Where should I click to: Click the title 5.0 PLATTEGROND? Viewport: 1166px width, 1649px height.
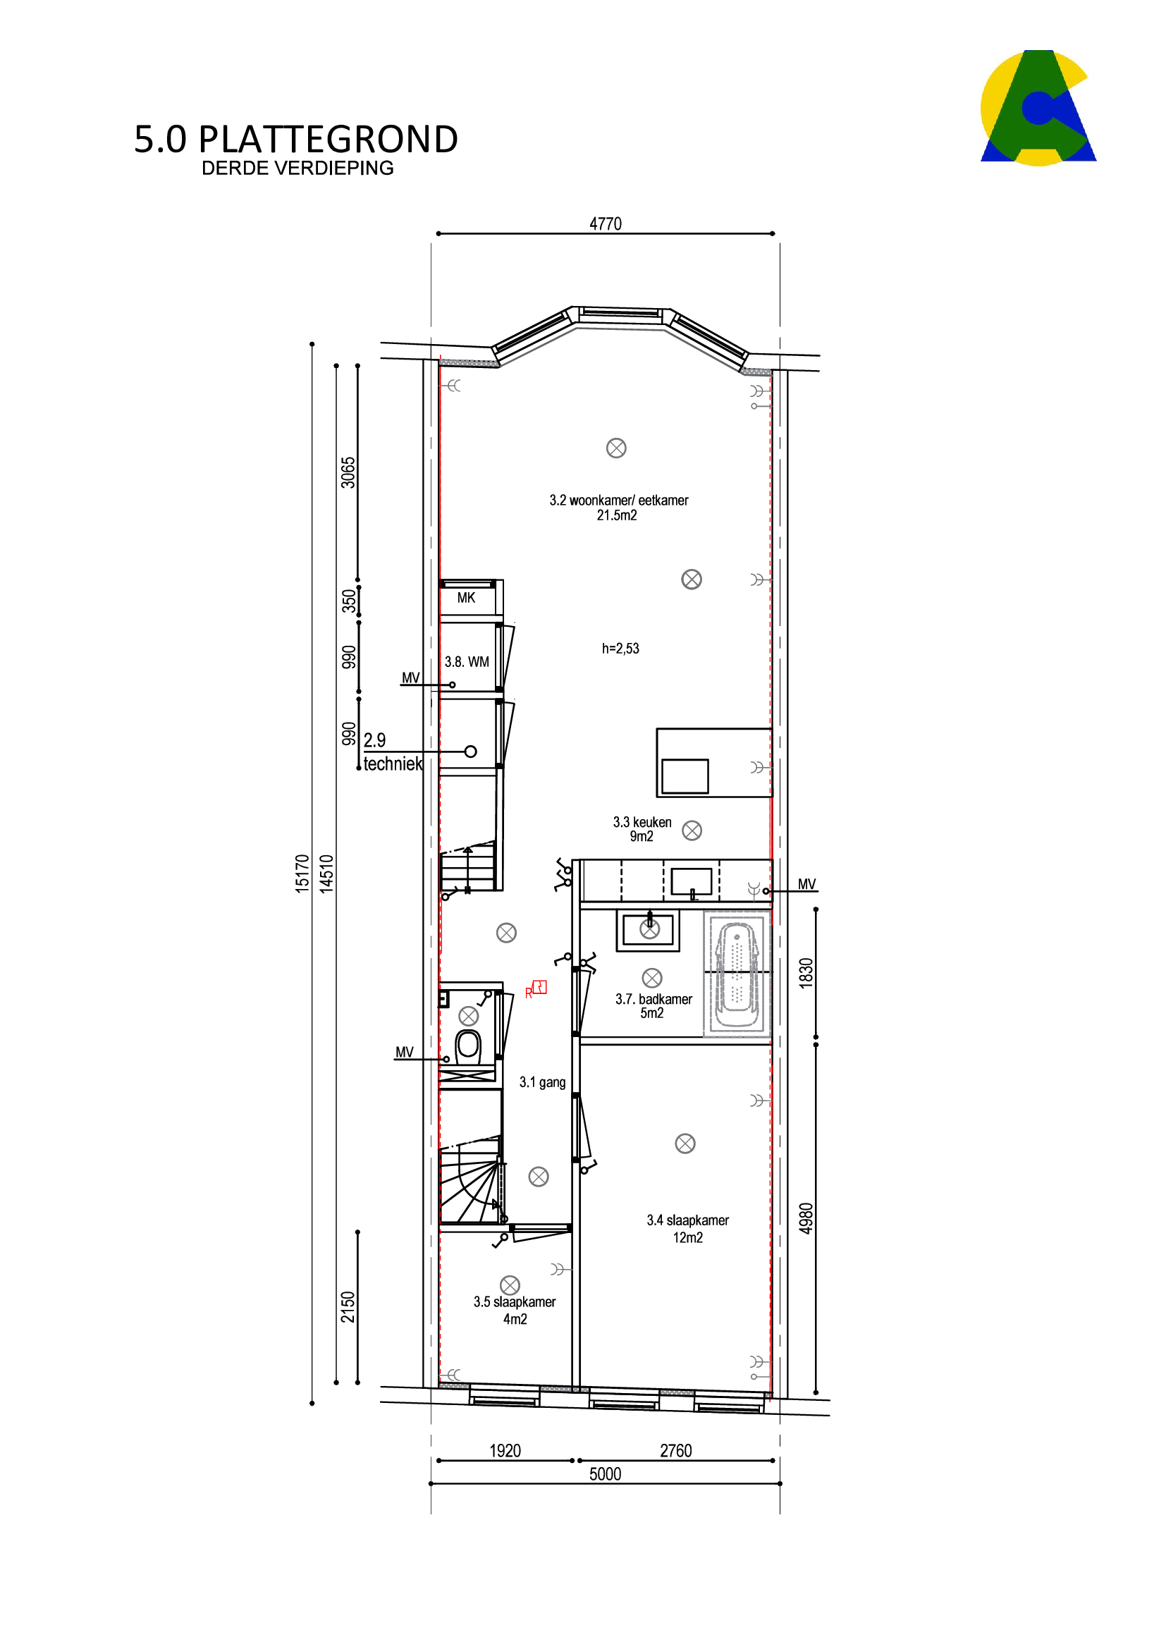click(x=296, y=140)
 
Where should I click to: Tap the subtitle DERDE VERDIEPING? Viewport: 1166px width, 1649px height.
click(x=297, y=168)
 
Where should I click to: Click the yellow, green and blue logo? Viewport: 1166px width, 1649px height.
click(x=1038, y=108)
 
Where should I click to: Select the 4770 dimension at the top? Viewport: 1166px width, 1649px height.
click(x=606, y=224)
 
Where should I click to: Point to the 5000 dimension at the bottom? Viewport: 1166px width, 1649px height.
click(x=605, y=1474)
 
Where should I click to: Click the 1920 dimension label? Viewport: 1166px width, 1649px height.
click(x=505, y=1451)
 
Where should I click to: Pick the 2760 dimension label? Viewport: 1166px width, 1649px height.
click(x=675, y=1451)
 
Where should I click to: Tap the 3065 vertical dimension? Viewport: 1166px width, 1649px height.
click(x=348, y=472)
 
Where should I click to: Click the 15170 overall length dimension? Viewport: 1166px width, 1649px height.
click(x=302, y=873)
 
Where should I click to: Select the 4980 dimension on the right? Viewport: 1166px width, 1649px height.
click(x=806, y=1218)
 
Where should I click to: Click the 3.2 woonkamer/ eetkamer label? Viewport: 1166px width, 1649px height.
click(x=619, y=507)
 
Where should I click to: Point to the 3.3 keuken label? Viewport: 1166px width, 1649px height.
click(x=642, y=829)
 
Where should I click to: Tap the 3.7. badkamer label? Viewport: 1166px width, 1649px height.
click(x=653, y=1005)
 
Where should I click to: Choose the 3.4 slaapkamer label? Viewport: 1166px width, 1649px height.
click(x=687, y=1228)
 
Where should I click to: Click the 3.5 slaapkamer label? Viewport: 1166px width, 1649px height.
click(x=514, y=1310)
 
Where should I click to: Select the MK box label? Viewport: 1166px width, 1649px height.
click(x=466, y=598)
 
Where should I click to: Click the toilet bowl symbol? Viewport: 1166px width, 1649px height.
click(x=468, y=1046)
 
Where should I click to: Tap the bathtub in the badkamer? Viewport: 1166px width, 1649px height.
click(x=736, y=974)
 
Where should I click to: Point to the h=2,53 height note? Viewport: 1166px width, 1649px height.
click(x=620, y=649)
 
